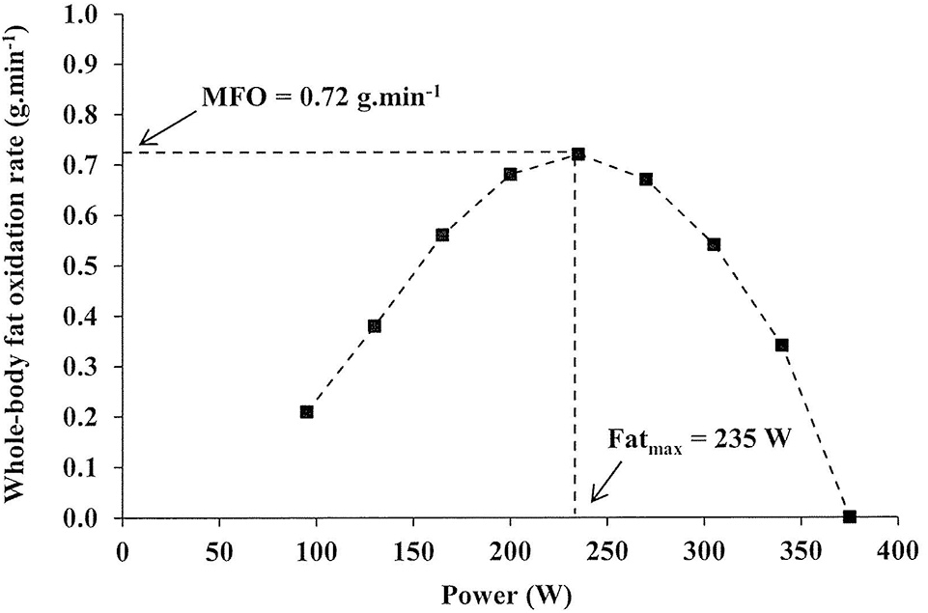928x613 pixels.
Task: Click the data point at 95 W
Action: point(306,412)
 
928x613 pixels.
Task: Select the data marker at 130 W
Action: point(375,326)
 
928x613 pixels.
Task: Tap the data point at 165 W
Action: point(442,235)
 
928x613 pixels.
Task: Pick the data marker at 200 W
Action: point(510,175)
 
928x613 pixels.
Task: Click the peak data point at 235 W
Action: point(578,154)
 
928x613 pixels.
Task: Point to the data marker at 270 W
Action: point(646,180)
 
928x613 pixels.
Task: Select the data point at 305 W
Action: point(714,244)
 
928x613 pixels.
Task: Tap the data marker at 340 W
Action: point(782,346)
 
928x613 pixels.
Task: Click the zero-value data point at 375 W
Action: point(850,517)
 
